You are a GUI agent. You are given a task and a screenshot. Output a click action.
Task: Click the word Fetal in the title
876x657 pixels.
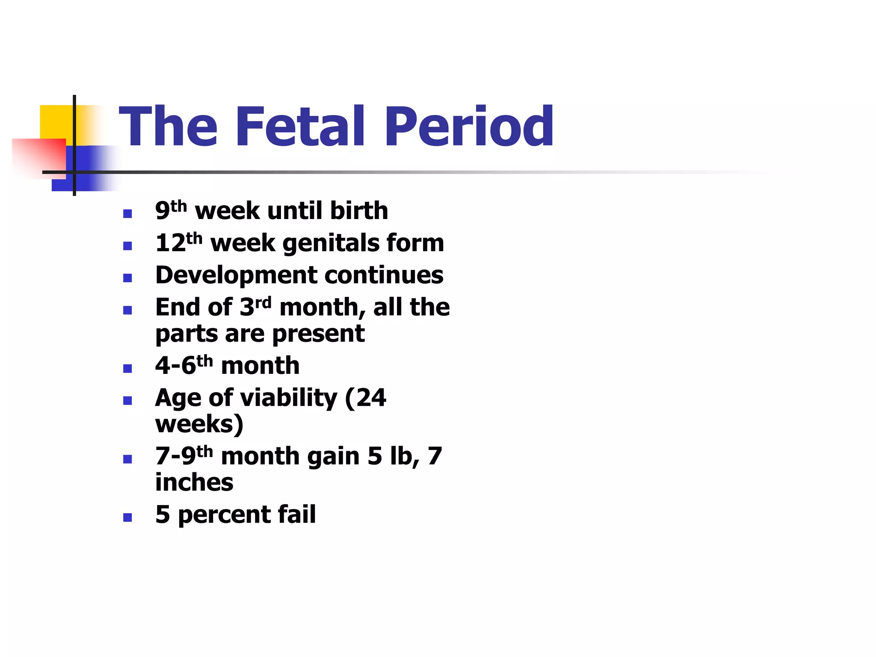tap(299, 127)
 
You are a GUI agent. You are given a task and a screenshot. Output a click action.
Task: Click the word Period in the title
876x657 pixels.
tap(469, 127)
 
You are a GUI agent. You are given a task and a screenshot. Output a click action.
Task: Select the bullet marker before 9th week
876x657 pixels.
tap(127, 213)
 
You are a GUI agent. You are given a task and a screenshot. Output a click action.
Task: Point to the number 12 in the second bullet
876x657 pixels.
tap(171, 243)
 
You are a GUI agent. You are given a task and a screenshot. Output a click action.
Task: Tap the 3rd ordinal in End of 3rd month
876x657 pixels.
tap(255, 307)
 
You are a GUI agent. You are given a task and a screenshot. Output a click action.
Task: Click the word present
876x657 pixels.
tap(318, 334)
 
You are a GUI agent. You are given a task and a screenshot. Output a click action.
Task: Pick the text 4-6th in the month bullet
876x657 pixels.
tap(184, 366)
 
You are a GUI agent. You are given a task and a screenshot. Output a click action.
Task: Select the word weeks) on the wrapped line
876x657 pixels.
tap(199, 424)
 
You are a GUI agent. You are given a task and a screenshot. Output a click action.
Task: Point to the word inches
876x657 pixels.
tap(194, 483)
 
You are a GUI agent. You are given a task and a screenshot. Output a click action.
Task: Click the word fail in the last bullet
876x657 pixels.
tap(296, 515)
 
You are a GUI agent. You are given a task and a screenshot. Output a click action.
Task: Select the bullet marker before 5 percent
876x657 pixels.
tap(127, 518)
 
